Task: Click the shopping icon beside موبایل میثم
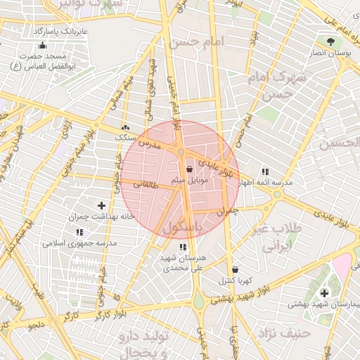[190, 169]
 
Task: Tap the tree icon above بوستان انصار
[330, 40]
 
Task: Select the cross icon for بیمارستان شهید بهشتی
[324, 292]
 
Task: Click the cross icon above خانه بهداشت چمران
[102, 205]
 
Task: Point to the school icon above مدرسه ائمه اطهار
[265, 171]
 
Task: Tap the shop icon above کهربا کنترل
[235, 269]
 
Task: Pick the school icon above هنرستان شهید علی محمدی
[183, 247]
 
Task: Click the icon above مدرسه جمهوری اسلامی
[79, 231]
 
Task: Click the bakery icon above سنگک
[125, 127]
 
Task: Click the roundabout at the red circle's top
[181, 153]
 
